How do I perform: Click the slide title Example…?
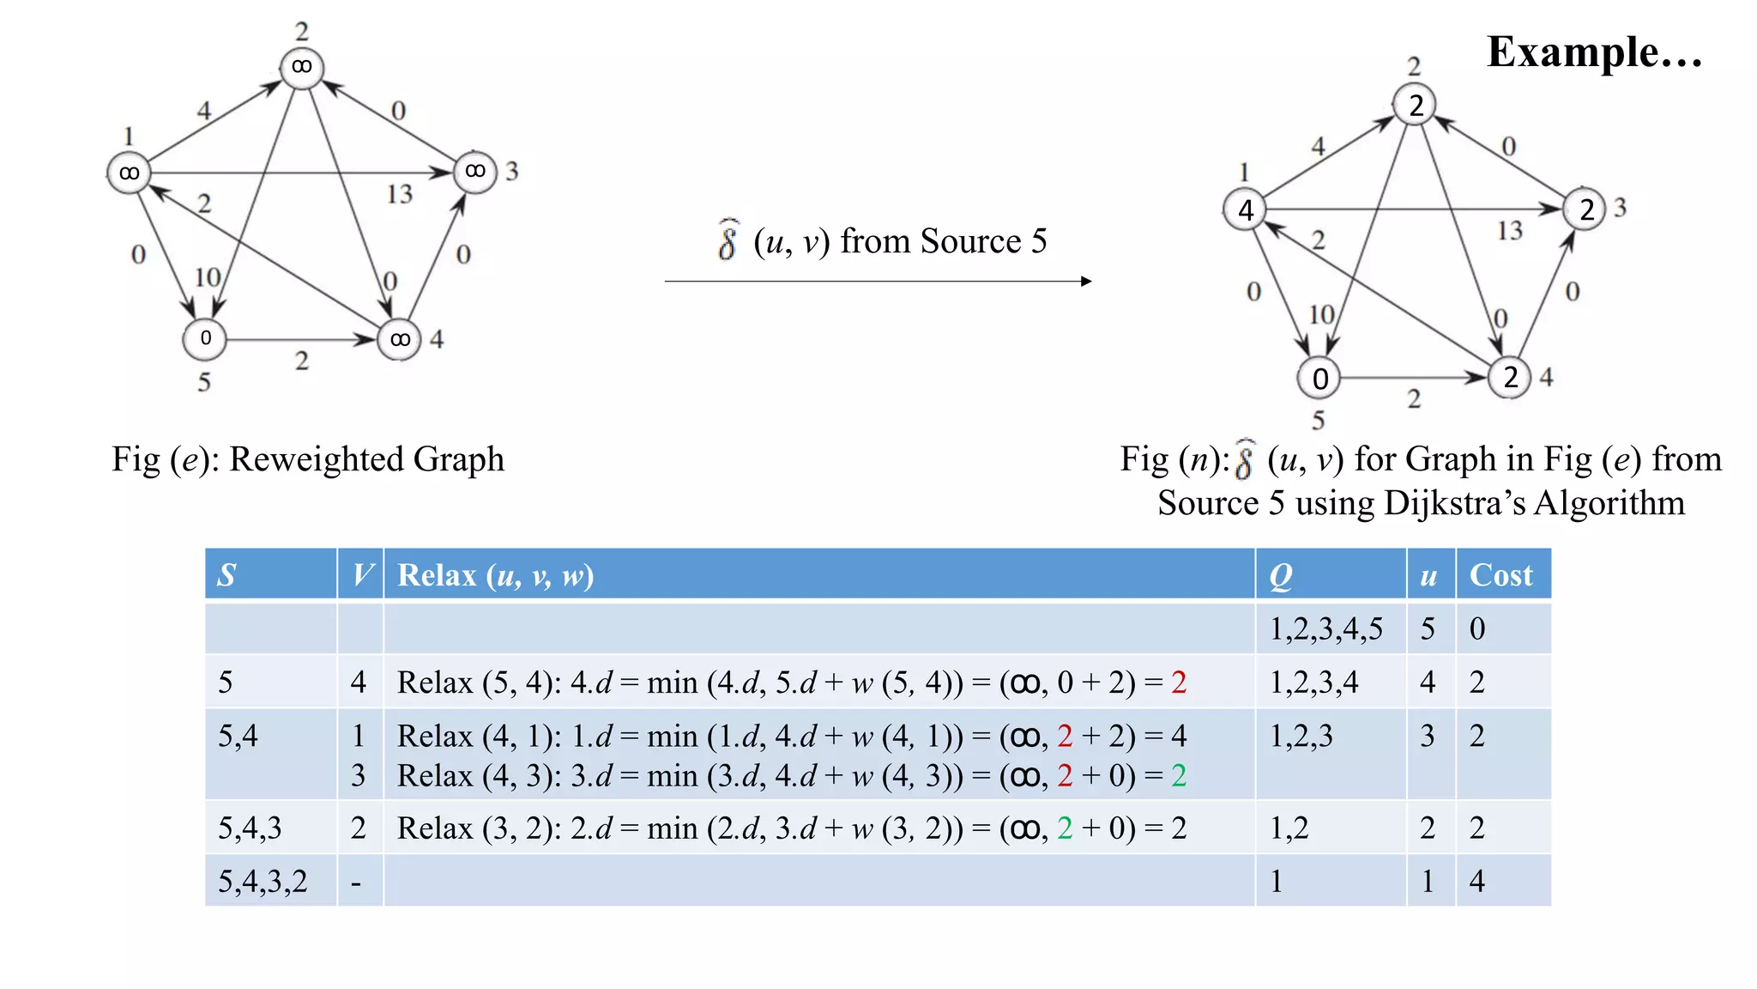tap(1594, 52)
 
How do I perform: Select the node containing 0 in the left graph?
tap(205, 339)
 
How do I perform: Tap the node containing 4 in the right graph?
tap(1246, 210)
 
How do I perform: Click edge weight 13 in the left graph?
tap(399, 194)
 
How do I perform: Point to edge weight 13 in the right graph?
tap(1510, 230)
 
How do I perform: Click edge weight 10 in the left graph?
tap(208, 277)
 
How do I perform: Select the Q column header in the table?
tap(1280, 575)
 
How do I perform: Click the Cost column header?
tap(1500, 575)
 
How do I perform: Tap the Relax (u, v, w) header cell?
tap(496, 575)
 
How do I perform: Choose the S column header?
tap(226, 575)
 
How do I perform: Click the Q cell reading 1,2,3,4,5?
tap(1325, 629)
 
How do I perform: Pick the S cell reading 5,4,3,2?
tap(263, 882)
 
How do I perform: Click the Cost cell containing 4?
tap(1476, 882)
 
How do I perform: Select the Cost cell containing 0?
tap(1476, 629)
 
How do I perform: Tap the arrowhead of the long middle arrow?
tap(1086, 281)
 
